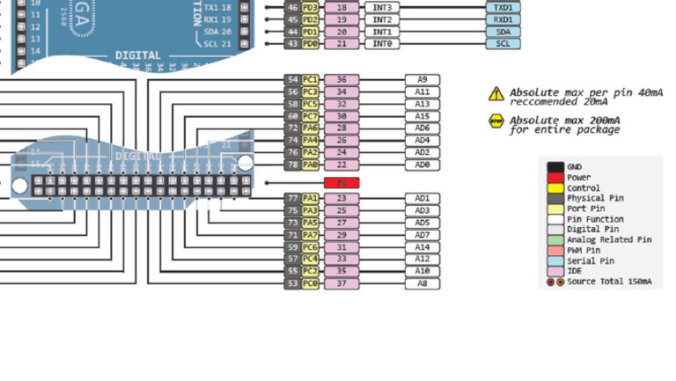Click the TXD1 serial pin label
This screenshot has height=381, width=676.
coord(502,7)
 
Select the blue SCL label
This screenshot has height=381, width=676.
coord(502,43)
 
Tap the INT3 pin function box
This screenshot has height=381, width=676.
coord(381,7)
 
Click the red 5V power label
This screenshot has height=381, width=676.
coord(341,182)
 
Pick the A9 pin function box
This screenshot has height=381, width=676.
coord(422,79)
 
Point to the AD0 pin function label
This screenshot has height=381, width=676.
coord(422,165)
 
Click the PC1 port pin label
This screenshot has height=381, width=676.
coord(310,79)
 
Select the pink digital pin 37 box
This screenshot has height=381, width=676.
coord(341,283)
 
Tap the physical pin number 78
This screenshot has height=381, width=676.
coord(292,165)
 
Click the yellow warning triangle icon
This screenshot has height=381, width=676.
coord(496,93)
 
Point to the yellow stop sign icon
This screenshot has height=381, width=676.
coord(496,121)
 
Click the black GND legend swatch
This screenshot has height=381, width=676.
coord(555,166)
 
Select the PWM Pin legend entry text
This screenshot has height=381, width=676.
coord(589,251)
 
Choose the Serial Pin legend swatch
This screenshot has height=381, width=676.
coord(555,261)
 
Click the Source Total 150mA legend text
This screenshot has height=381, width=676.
coord(609,282)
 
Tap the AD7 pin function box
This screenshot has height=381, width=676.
coord(422,235)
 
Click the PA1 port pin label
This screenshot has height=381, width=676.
coord(310,199)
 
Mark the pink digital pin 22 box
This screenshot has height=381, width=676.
coord(341,165)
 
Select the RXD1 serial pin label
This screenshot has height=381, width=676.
coord(502,19)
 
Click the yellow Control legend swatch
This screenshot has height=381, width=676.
coord(555,187)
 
